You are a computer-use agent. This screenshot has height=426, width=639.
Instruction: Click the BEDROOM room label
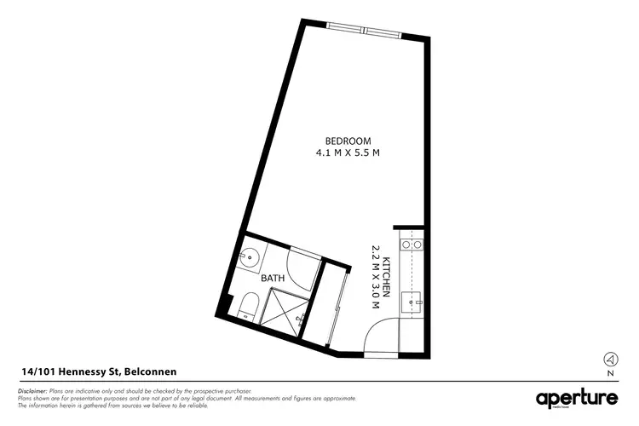(x=348, y=141)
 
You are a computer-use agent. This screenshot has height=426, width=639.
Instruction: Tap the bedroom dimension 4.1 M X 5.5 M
(x=348, y=153)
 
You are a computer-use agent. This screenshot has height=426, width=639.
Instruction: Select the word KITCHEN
(x=386, y=278)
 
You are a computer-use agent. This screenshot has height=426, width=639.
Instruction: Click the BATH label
(x=272, y=277)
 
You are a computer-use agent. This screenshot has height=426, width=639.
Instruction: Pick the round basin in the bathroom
(x=248, y=256)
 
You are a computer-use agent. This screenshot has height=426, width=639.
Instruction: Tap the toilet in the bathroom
(x=249, y=306)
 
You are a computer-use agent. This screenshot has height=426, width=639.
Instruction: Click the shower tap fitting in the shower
(x=300, y=319)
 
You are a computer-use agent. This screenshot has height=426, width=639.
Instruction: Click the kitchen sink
(x=412, y=299)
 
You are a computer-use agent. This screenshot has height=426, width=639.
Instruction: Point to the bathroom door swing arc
(x=303, y=266)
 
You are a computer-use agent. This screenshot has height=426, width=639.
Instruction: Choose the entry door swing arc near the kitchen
(x=381, y=334)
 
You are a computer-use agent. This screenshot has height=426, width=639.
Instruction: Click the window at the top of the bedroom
(x=363, y=31)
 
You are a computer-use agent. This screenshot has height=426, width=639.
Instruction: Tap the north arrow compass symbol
(x=610, y=359)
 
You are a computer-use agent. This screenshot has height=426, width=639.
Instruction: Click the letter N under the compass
(x=610, y=373)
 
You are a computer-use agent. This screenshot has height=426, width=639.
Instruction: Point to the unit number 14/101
(x=38, y=371)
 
